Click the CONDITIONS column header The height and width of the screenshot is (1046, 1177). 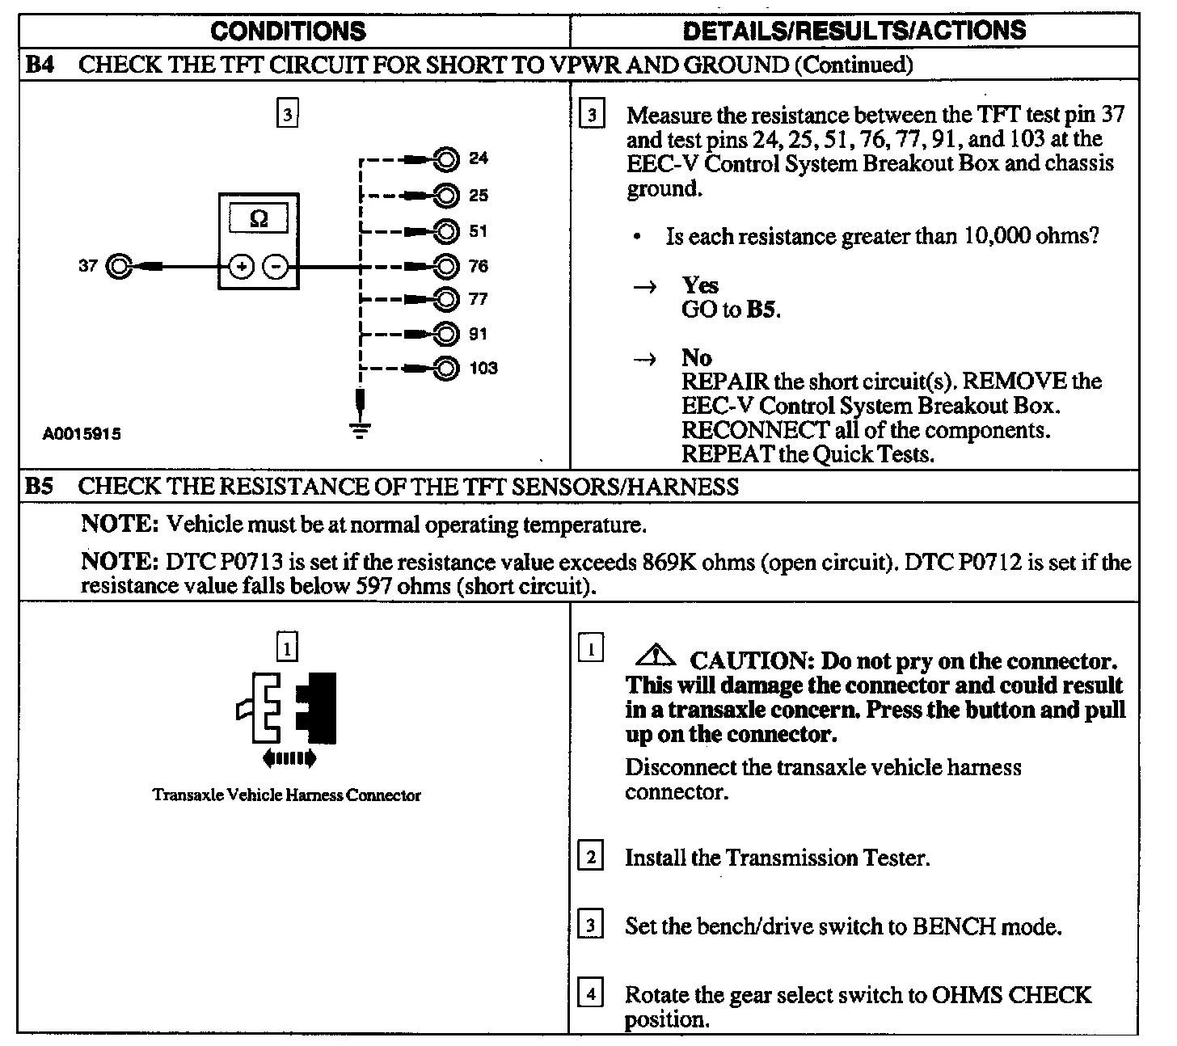point(288,31)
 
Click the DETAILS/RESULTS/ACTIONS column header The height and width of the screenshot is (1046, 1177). point(854,31)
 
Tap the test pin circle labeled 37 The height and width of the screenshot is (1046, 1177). point(120,265)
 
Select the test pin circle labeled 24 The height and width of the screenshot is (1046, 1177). point(445,158)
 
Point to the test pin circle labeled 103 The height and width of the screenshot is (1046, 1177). point(445,369)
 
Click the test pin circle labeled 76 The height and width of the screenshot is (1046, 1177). point(445,266)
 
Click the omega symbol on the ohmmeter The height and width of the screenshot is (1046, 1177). point(259,218)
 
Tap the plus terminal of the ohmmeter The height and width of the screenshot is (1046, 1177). point(240,266)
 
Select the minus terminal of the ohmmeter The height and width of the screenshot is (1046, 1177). point(277,266)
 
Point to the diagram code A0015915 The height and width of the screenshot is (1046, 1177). point(82,434)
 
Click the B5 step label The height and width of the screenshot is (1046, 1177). point(39,487)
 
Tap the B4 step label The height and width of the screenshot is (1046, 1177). point(39,65)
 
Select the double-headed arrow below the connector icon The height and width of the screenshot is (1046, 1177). point(289,758)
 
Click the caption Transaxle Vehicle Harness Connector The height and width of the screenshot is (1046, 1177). point(286,795)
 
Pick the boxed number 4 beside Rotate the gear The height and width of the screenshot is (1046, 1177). point(592,993)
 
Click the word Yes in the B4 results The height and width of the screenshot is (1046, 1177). point(700,285)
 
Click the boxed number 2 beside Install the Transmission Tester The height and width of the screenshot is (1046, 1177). point(592,856)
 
